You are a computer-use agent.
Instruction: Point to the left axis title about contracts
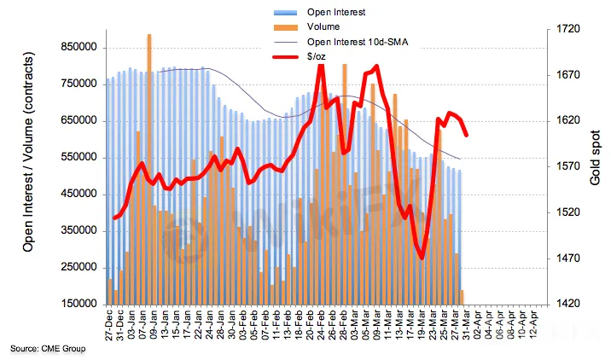pyautogui.click(x=27, y=166)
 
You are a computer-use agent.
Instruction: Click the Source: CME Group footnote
pyautogui.click(x=48, y=349)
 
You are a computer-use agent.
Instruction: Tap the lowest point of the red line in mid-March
pyautogui.click(x=422, y=258)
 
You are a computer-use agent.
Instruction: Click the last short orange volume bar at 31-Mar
pyautogui.click(x=463, y=297)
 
